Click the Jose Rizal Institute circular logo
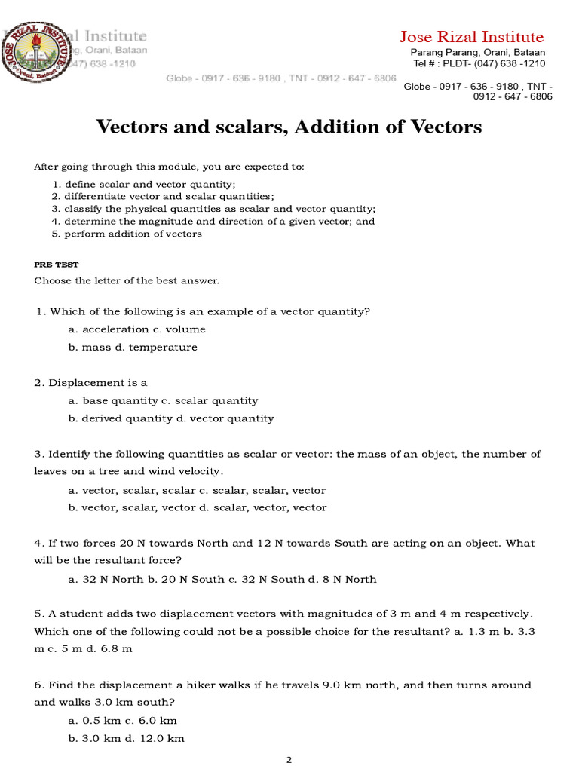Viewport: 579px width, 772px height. pos(33,54)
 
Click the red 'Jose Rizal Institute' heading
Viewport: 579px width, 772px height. pos(471,37)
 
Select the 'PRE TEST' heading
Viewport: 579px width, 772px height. pos(56,265)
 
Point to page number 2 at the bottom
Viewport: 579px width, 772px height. pos(289,761)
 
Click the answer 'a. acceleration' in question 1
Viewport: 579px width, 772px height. pos(108,329)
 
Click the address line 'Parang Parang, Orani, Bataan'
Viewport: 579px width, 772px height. pos(477,53)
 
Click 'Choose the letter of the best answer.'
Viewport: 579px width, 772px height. pos(127,281)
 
